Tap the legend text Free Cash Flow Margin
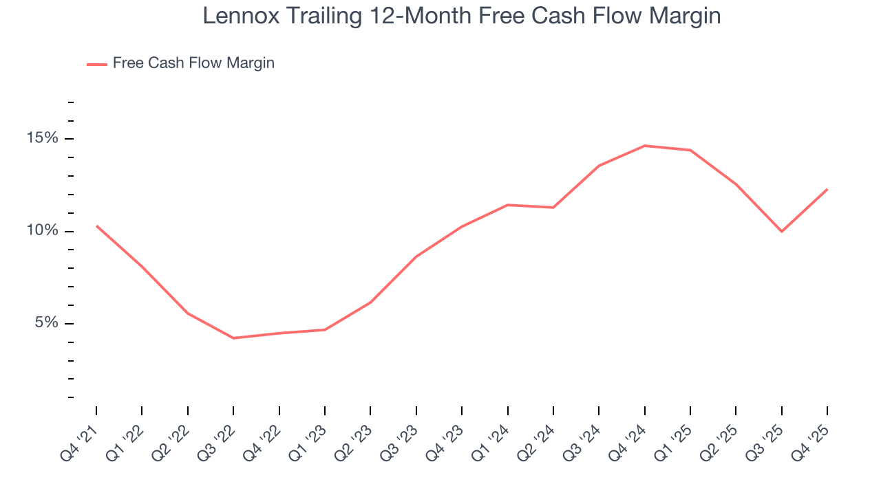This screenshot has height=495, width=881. [x=193, y=63]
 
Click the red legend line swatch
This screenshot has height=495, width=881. [x=96, y=64]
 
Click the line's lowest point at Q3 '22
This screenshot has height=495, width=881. [x=233, y=338]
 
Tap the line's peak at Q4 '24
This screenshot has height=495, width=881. [x=645, y=146]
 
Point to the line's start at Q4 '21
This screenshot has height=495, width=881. [x=96, y=225]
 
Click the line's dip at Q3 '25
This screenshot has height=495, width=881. [x=782, y=231]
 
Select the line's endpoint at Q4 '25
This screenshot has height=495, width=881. [x=827, y=189]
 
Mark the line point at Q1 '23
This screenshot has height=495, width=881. [x=325, y=330]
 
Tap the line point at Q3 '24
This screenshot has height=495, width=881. [x=599, y=166]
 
